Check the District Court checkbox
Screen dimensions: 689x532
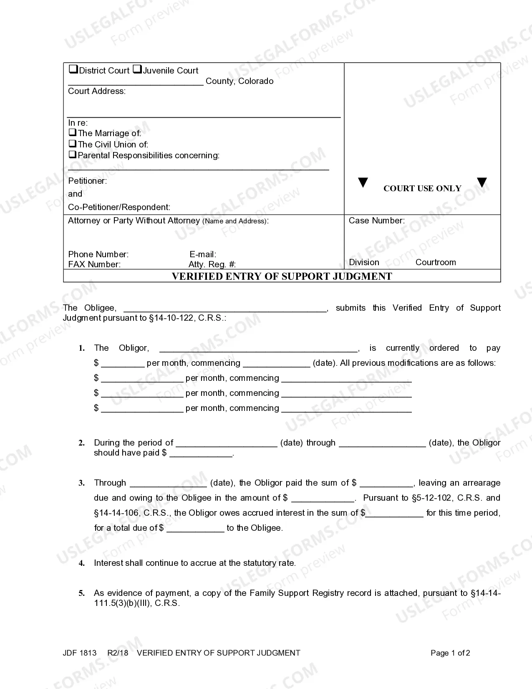click(x=73, y=69)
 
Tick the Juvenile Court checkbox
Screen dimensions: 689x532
click(x=137, y=69)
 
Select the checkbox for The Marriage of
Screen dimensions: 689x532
click(x=73, y=133)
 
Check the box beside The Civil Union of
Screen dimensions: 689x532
click(x=73, y=144)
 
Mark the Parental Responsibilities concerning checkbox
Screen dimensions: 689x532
click(x=73, y=155)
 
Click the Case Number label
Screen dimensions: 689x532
click(x=376, y=220)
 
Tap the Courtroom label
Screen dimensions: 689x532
click(x=436, y=262)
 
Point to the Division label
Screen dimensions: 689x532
click(x=364, y=262)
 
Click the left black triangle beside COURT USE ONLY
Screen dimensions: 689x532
click(x=363, y=183)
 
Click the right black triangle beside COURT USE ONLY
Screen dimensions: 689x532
click(x=482, y=182)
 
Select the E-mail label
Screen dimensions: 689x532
click(x=203, y=254)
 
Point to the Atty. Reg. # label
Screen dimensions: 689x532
click(x=212, y=264)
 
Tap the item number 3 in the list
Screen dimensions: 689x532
click(x=82, y=483)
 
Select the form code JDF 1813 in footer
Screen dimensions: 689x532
click(x=80, y=653)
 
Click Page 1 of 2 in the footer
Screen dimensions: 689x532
click(x=450, y=653)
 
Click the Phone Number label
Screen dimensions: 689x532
click(x=98, y=254)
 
